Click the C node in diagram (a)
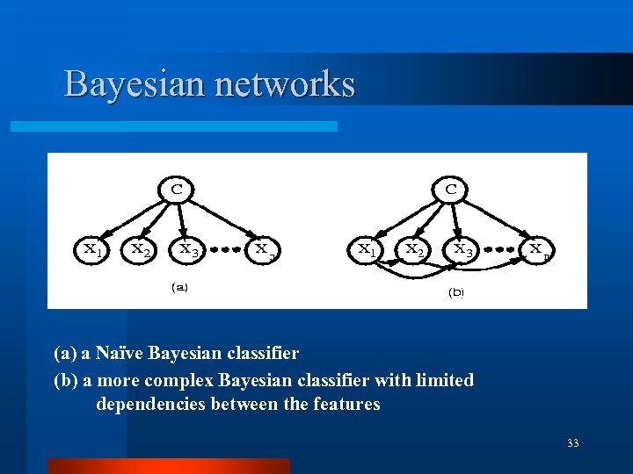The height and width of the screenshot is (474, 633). point(177,188)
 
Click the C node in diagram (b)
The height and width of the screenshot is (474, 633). point(451,189)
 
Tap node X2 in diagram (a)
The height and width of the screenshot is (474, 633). point(139,249)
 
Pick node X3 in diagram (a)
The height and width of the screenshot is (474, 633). point(188,249)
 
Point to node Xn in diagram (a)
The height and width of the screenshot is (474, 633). point(263,249)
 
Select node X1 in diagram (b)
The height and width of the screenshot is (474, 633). point(367,249)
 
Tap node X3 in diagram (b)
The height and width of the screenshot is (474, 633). point(462,249)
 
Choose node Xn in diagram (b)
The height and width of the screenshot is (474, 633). point(538,249)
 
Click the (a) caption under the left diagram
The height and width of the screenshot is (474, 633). point(178,286)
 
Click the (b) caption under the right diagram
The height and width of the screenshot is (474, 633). point(455,291)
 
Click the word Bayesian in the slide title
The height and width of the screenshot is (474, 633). point(134,84)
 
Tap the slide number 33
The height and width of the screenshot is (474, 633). point(573,443)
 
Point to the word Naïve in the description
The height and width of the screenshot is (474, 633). point(121,354)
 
